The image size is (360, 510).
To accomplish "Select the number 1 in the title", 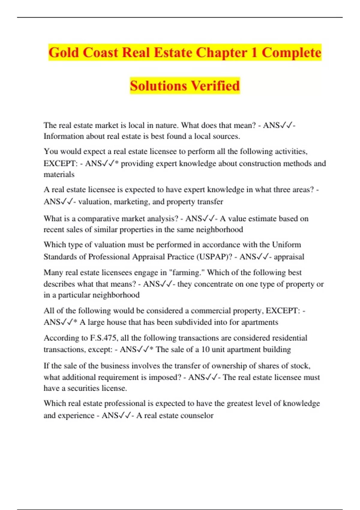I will pyautogui.click(x=254, y=52).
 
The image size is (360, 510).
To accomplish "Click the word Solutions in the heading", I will pyautogui.click(x=158, y=86).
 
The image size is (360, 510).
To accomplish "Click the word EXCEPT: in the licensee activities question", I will pyautogui.click(x=61, y=163).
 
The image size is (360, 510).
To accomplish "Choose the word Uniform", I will pyautogui.click(x=286, y=245).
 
